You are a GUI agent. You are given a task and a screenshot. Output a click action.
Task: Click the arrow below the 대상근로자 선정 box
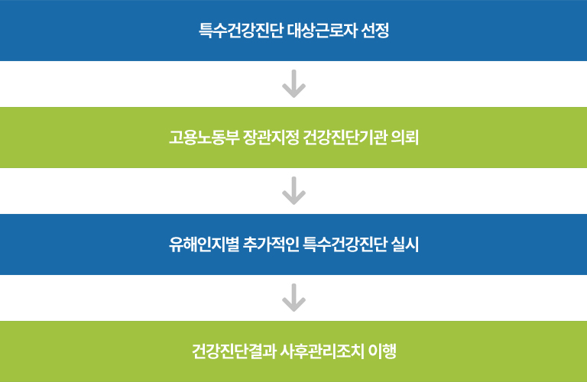[x=293, y=84]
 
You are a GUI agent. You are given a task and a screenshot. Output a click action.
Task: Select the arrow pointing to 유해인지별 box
[x=293, y=191]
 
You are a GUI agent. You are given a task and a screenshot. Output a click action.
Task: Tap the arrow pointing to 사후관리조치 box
[x=293, y=298]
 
